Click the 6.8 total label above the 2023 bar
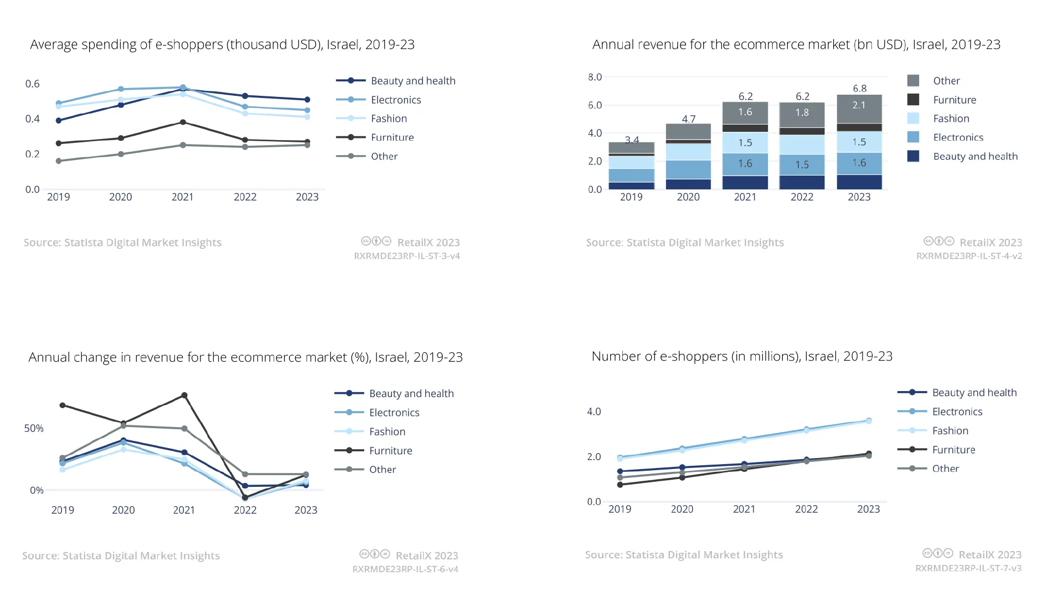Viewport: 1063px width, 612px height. coord(859,89)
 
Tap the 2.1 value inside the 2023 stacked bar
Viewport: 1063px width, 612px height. coord(859,105)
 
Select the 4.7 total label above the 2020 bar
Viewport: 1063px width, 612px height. coord(688,119)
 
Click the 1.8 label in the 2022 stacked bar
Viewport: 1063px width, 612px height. coord(802,112)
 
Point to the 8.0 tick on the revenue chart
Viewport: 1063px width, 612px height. coord(595,77)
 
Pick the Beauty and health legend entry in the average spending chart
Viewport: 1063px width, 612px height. coord(396,81)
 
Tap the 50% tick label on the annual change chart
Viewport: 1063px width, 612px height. coord(34,428)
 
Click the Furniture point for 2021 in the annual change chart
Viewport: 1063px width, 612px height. coord(184,395)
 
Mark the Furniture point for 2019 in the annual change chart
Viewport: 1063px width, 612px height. coord(63,405)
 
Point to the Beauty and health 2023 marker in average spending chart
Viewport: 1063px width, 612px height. coord(307,100)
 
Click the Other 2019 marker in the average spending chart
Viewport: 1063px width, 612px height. coord(59,161)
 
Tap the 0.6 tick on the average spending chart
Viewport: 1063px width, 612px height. coord(33,84)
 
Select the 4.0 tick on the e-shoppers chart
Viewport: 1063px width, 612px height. coord(594,412)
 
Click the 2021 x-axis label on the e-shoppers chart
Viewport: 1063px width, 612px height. coord(744,509)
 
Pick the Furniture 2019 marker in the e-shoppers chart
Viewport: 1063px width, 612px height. coord(620,485)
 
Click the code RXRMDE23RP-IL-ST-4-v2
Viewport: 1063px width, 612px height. coord(969,256)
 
